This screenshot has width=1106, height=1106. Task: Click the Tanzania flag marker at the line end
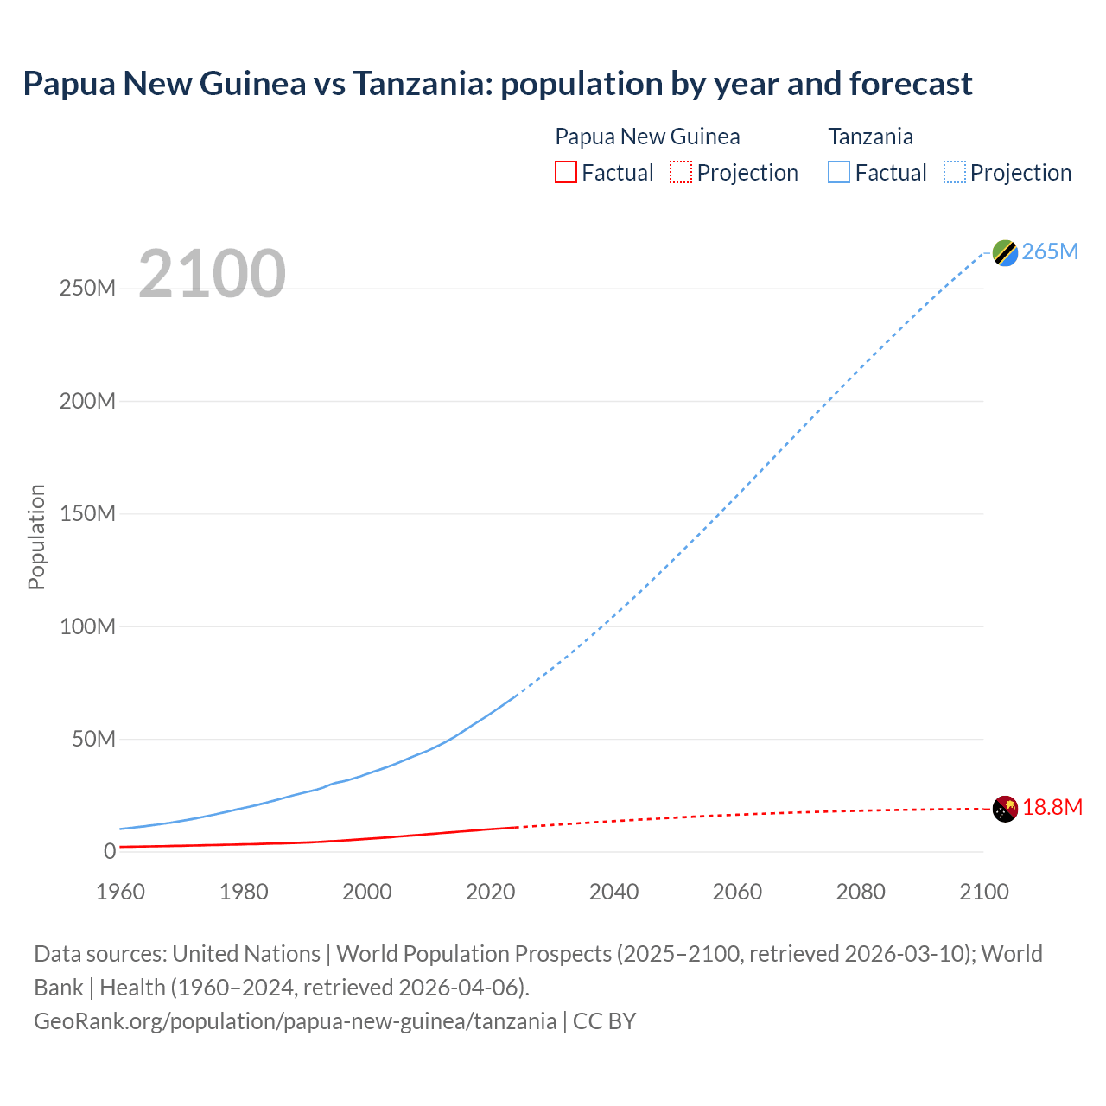click(x=1005, y=252)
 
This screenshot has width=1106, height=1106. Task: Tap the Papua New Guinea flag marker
click(x=1005, y=809)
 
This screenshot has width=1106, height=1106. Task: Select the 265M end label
click(x=1050, y=251)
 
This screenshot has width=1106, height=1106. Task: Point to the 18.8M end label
click(x=1052, y=808)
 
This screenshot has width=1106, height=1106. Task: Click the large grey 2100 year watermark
click(x=212, y=274)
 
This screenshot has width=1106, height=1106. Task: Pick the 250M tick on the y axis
click(x=87, y=289)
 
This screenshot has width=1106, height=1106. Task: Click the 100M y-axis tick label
click(x=87, y=626)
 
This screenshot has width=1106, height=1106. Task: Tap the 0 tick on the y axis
click(x=110, y=851)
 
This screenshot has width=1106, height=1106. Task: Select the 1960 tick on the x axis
click(x=120, y=892)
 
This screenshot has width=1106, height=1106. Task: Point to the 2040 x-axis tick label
click(x=613, y=892)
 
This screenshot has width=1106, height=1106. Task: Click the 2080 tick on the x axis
click(x=861, y=892)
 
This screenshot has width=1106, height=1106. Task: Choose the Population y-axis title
click(x=36, y=537)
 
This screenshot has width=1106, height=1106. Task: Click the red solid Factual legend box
click(x=565, y=173)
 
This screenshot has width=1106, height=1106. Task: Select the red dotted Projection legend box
click(x=681, y=173)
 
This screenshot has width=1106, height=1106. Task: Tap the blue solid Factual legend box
click(x=839, y=173)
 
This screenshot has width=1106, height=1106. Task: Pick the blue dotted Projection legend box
click(x=955, y=173)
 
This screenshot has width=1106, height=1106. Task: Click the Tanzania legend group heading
click(x=870, y=137)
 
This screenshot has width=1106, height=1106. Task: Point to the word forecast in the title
click(x=911, y=84)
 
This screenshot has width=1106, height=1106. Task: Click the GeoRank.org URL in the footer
click(x=295, y=1021)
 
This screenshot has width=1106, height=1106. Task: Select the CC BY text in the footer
click(x=604, y=1021)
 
